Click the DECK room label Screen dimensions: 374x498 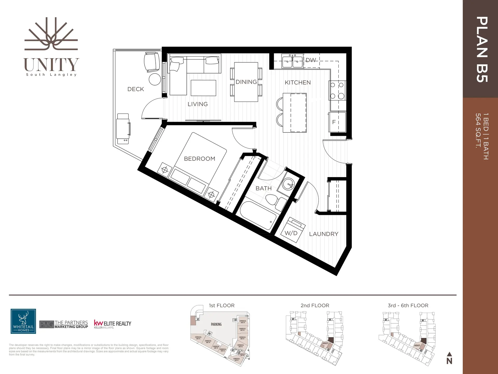pos(136,89)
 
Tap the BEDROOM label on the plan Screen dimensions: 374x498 pos(199,159)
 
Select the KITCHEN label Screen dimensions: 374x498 pos(298,83)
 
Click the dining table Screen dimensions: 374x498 pos(246,82)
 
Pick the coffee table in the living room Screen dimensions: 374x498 pos(203,88)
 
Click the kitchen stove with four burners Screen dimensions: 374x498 pos(337,91)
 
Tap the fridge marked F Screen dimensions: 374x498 pos(337,122)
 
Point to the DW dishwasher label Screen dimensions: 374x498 pos(311,60)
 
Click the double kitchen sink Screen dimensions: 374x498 pos(292,61)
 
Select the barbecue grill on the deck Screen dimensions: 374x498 pos(123,129)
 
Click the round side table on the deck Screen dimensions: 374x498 pos(155,79)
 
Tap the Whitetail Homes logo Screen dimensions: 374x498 pos(23,321)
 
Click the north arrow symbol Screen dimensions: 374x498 pos(449,358)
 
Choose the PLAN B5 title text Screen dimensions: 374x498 pos(482,49)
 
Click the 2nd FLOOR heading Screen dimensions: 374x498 pos(315,305)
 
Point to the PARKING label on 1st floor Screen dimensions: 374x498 pos(216,324)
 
